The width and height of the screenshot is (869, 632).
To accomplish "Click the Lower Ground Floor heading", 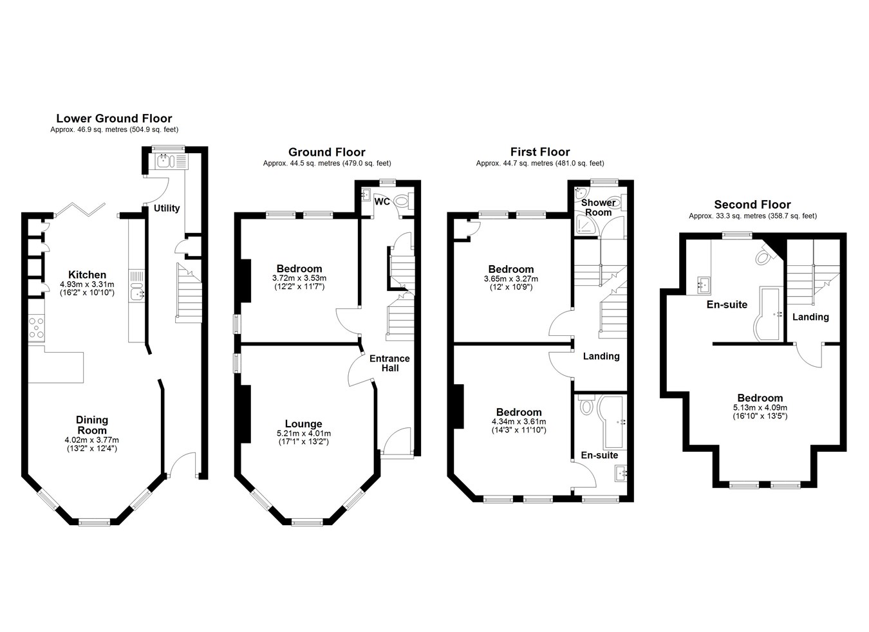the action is click(x=114, y=118).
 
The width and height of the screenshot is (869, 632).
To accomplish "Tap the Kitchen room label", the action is click(x=87, y=275).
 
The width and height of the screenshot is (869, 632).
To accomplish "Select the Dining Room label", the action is click(x=92, y=425).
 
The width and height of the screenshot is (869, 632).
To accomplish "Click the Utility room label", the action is click(x=167, y=209).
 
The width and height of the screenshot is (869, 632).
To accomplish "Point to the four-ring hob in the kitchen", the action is click(x=37, y=328).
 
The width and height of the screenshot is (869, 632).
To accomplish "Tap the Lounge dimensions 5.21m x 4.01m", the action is click(x=304, y=433).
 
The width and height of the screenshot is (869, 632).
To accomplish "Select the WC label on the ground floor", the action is click(x=382, y=201).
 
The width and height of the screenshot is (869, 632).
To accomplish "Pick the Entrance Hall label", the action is click(x=389, y=363).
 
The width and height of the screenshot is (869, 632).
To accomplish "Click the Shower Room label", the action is click(x=598, y=208).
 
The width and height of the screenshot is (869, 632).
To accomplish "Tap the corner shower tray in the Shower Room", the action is click(x=587, y=226).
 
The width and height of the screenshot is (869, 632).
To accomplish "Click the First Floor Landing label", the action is click(x=601, y=356).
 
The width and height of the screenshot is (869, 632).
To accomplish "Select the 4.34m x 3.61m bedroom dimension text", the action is click(x=519, y=422).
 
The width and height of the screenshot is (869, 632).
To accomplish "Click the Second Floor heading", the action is click(x=752, y=205).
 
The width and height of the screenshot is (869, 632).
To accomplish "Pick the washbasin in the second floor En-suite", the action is click(x=704, y=285).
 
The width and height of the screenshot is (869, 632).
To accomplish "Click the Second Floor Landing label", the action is click(x=810, y=317).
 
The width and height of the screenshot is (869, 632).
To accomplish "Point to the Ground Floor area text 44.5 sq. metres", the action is click(x=314, y=163).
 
